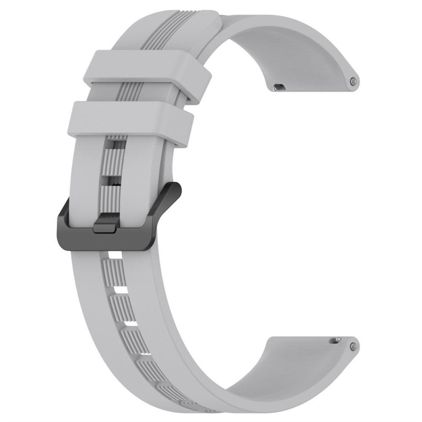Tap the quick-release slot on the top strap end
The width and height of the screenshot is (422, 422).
[x=279, y=87]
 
